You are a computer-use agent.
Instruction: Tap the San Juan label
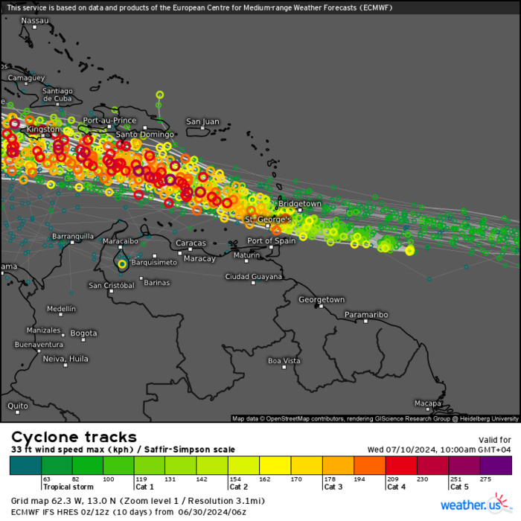coord(202,121)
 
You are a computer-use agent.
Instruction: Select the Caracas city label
coord(191,243)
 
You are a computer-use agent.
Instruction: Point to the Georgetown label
coord(322,300)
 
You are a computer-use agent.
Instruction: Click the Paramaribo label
coord(366,315)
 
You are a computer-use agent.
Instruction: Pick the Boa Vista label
coord(284,361)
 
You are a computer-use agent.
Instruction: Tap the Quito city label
coord(18,406)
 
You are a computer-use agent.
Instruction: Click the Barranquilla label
coord(73,237)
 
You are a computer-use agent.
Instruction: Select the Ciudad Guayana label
coord(254,277)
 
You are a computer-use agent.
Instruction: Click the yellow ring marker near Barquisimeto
coord(122,263)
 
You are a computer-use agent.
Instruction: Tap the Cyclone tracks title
coord(74,437)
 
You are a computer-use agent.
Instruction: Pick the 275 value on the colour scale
coord(487,479)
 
